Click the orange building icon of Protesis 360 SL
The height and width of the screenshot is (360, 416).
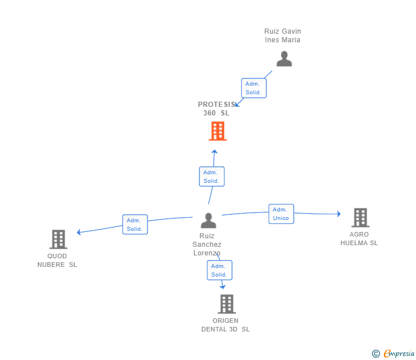(218, 131)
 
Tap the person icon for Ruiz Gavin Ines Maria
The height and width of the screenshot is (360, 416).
(284, 59)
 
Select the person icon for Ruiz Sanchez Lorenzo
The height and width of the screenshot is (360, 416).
(209, 221)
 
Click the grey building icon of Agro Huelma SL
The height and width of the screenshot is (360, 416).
(360, 218)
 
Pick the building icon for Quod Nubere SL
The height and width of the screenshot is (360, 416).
(58, 239)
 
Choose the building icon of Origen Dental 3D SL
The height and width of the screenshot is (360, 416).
(226, 304)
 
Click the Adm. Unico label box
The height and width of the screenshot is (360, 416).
(281, 214)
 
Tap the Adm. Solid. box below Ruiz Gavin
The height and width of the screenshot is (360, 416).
(253, 88)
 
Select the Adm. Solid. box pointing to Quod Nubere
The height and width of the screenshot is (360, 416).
(135, 225)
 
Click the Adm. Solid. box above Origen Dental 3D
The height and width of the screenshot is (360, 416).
(219, 270)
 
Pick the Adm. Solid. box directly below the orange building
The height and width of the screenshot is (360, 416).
(211, 177)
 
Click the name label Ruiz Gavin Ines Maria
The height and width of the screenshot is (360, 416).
(282, 35)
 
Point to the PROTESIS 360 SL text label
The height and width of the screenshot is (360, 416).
(217, 109)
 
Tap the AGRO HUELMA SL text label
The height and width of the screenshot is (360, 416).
(359, 239)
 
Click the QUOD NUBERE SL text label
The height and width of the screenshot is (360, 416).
(57, 261)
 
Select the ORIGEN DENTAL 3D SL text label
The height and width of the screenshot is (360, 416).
(225, 325)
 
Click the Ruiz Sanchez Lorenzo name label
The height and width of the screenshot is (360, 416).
(207, 244)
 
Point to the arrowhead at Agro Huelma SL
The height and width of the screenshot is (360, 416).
(338, 214)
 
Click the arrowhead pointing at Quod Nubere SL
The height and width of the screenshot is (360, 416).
(79, 232)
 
